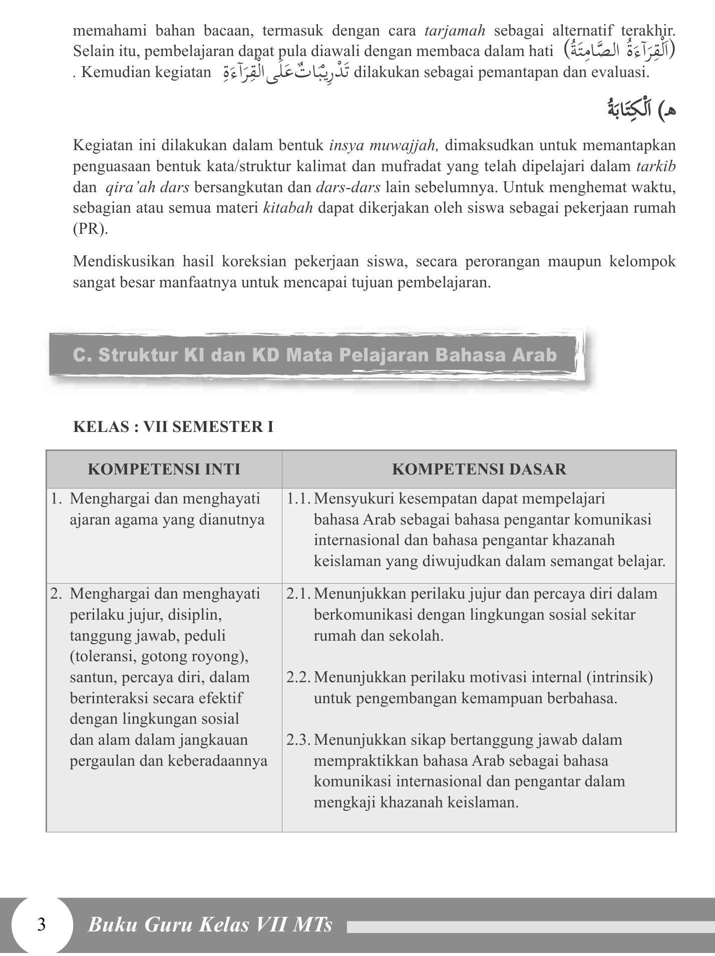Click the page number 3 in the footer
[x=41, y=924]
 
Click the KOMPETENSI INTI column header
[x=164, y=469]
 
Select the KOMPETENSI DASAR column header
[x=479, y=469]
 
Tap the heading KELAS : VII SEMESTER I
[x=173, y=427]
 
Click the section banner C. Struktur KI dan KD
[x=314, y=355]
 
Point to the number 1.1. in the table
[x=299, y=499]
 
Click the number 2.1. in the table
[x=299, y=594]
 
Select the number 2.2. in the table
[x=299, y=677]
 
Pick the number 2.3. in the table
[x=299, y=740]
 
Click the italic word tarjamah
[x=455, y=31]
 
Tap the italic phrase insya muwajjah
[x=384, y=146]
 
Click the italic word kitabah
[x=288, y=208]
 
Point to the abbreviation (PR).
[x=90, y=229]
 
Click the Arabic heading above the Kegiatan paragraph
[x=641, y=109]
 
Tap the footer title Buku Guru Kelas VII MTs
[x=210, y=924]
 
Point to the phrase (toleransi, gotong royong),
[x=159, y=656]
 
